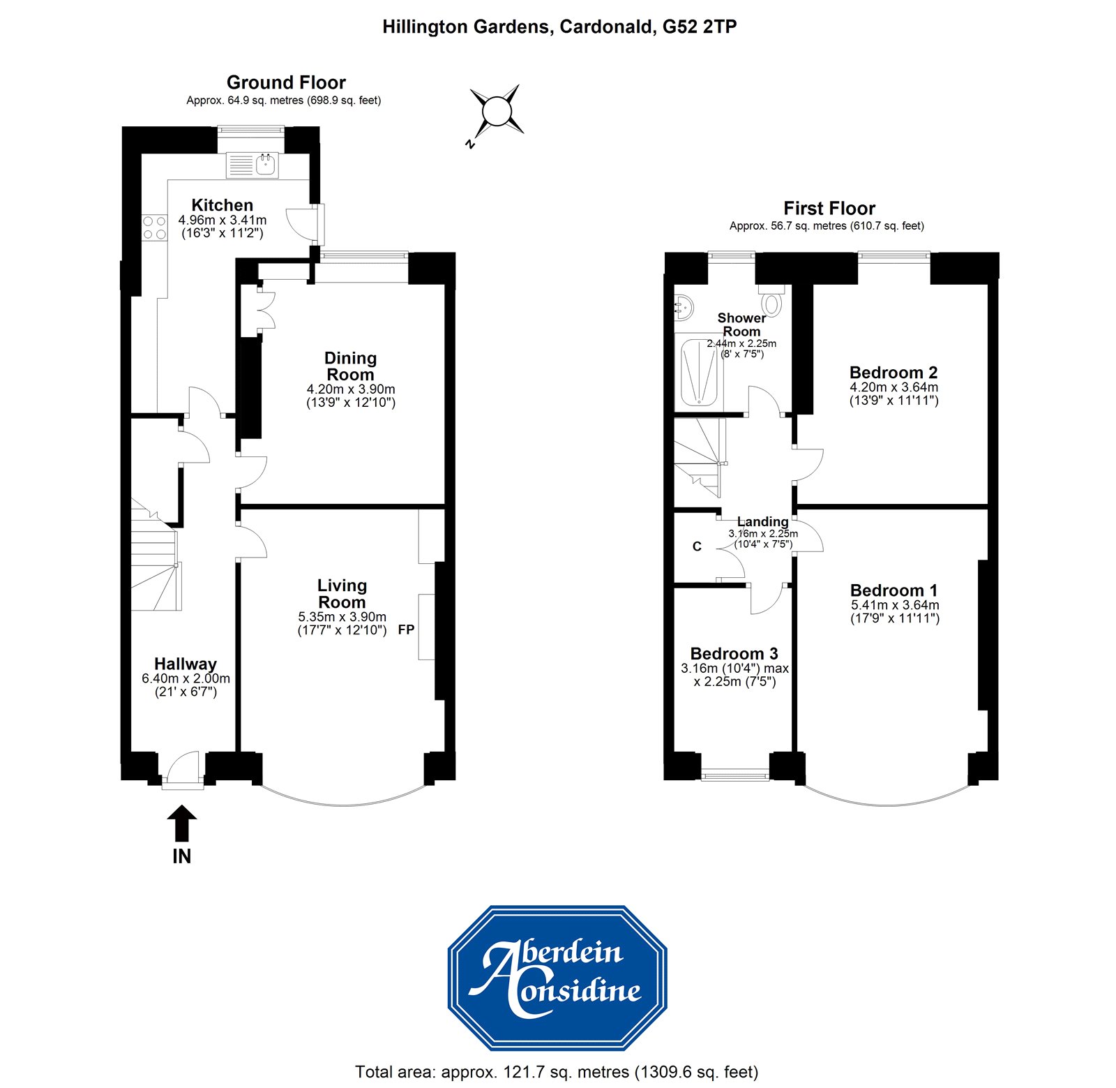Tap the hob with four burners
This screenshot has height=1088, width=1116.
(155, 228)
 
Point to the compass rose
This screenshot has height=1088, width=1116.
(497, 112)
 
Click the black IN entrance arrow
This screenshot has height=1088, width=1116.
(181, 823)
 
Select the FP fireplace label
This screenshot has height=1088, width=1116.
(406, 629)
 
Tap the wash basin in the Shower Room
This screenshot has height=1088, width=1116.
(684, 306)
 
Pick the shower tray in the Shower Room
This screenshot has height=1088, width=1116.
(699, 372)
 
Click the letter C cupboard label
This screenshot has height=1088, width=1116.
(697, 546)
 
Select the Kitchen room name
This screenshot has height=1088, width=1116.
(222, 205)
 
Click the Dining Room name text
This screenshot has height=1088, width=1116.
(350, 366)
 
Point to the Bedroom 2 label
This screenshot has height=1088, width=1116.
(893, 372)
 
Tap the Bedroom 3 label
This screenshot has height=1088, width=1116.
(734, 654)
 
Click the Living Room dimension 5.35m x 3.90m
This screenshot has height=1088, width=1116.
(342, 617)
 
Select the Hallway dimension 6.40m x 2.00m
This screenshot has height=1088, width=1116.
(186, 678)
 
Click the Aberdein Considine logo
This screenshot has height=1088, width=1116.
(557, 977)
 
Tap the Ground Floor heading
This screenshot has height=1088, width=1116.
(286, 82)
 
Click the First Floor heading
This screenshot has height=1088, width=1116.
(829, 209)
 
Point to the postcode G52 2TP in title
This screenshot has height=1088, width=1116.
(699, 27)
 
